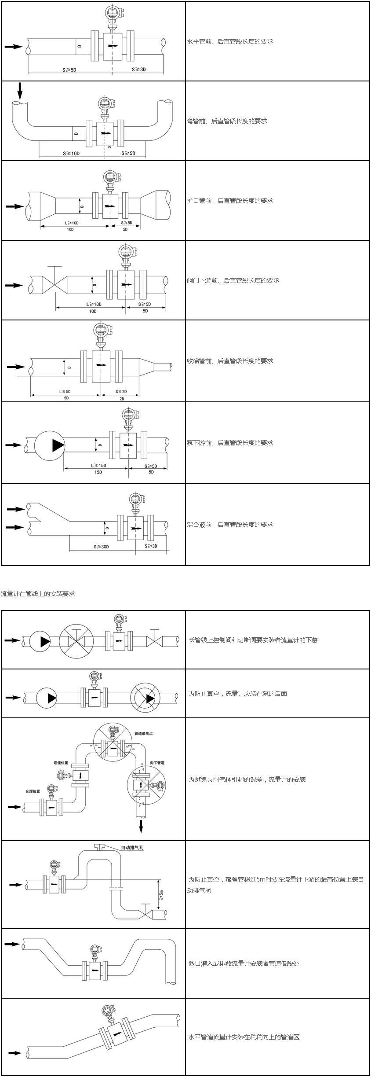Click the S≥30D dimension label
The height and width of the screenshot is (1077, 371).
(x=101, y=547)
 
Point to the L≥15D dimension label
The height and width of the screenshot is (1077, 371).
(x=98, y=466)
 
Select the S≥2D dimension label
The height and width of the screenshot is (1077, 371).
(x=121, y=391)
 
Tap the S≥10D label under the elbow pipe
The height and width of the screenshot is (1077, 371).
(x=71, y=154)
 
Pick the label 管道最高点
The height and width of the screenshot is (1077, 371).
(x=144, y=734)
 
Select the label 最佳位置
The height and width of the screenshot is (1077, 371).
(x=61, y=763)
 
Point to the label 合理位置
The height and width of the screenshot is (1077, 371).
(x=33, y=791)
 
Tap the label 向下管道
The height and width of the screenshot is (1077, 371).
(x=157, y=763)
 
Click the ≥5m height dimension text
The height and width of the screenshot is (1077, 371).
(x=161, y=893)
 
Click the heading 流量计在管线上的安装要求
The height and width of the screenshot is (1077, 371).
(x=38, y=594)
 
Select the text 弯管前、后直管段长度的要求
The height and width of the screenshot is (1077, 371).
(x=227, y=121)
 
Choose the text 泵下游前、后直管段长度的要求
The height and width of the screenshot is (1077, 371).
(x=230, y=443)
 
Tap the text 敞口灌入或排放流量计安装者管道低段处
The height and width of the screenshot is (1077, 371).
(x=244, y=963)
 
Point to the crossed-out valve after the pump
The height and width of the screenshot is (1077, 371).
(x=76, y=641)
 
